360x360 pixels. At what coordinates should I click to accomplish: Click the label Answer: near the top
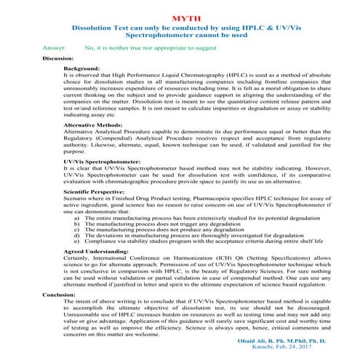[x=55, y=47]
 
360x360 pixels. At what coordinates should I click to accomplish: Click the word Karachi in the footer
[x=278, y=349]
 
